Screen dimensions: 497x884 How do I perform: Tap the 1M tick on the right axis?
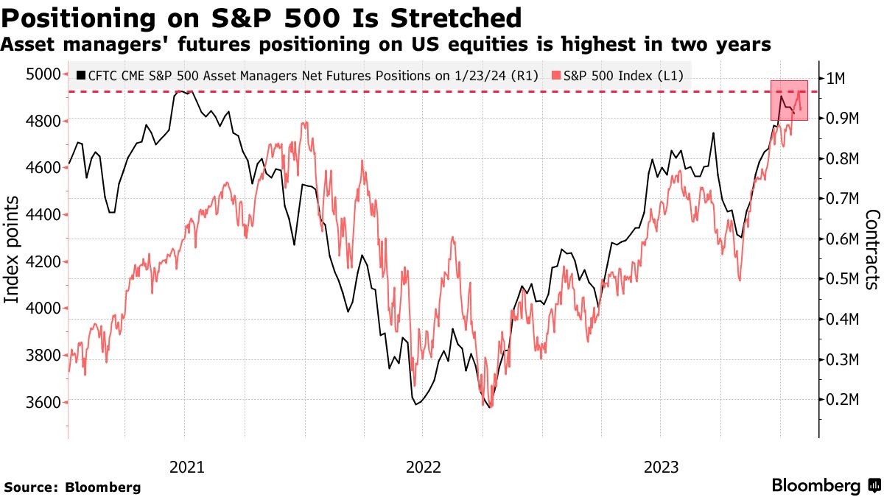(x=840, y=79)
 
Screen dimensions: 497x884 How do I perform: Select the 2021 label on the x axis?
(x=186, y=466)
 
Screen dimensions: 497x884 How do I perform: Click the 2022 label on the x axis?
(x=423, y=466)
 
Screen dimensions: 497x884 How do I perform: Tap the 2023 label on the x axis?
(x=661, y=466)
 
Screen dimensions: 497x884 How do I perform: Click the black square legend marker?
(x=80, y=75)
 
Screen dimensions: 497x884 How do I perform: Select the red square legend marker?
(x=558, y=75)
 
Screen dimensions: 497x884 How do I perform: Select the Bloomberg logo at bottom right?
(x=825, y=486)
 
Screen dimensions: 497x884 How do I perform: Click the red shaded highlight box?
(x=790, y=101)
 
